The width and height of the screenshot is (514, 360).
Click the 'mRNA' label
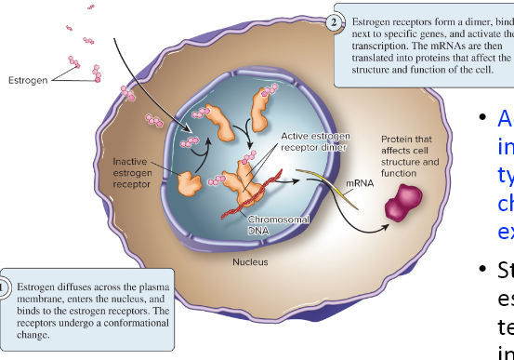pos(361,184)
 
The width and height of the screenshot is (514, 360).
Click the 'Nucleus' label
pos(251,262)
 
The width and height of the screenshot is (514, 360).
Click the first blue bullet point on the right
pos(481,118)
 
